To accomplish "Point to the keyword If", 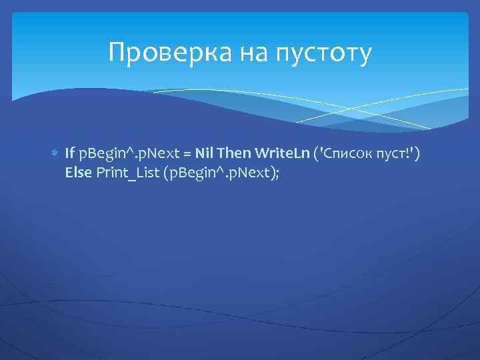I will [x=70, y=155].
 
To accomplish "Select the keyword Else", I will [x=79, y=173].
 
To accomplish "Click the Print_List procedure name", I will [x=127, y=173].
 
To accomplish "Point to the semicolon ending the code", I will [x=275, y=173].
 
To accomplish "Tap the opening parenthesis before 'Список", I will [x=317, y=155].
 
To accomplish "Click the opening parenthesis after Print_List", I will [x=166, y=173].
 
